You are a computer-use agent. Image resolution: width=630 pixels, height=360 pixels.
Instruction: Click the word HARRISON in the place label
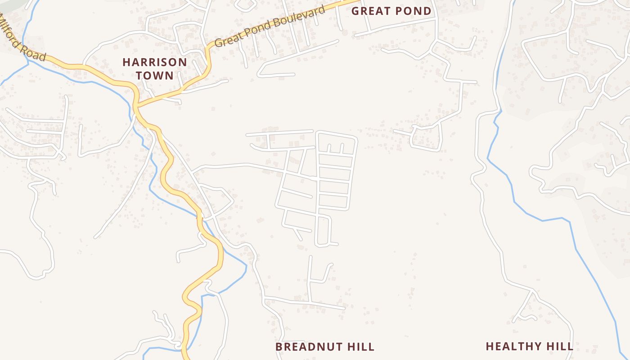tap(154, 62)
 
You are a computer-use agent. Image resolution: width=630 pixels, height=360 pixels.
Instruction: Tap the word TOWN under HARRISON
tap(154, 75)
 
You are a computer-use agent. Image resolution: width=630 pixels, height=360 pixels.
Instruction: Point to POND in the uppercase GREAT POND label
tap(413, 11)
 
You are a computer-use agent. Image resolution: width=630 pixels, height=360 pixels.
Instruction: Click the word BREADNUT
tap(308, 346)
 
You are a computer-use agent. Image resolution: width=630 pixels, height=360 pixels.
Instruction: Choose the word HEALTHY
tap(513, 346)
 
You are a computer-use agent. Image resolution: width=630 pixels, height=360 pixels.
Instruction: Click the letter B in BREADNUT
tap(279, 346)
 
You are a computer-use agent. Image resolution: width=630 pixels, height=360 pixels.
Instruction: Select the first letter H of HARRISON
tap(126, 62)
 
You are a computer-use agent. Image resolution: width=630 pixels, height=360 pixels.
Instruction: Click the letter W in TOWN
tap(159, 75)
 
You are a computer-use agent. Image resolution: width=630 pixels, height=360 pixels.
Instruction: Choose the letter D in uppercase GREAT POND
tap(427, 11)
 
